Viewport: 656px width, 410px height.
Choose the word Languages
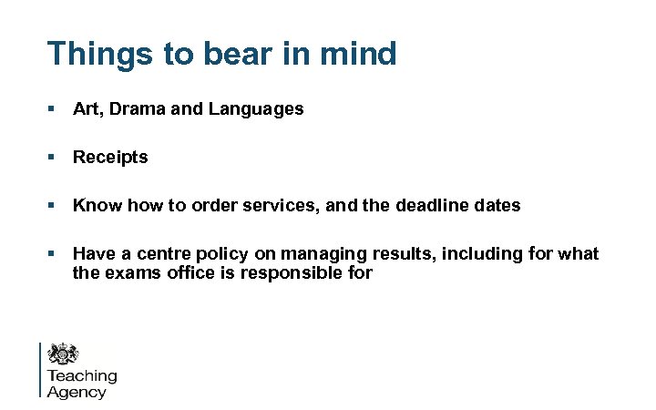pyautogui.click(x=256, y=109)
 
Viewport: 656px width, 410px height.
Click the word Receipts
pyautogui.click(x=110, y=158)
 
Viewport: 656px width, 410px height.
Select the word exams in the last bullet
pyautogui.click(x=132, y=272)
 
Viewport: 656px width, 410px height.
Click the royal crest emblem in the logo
pyautogui.click(x=63, y=354)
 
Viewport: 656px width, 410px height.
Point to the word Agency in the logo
pyautogui.click(x=77, y=392)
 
